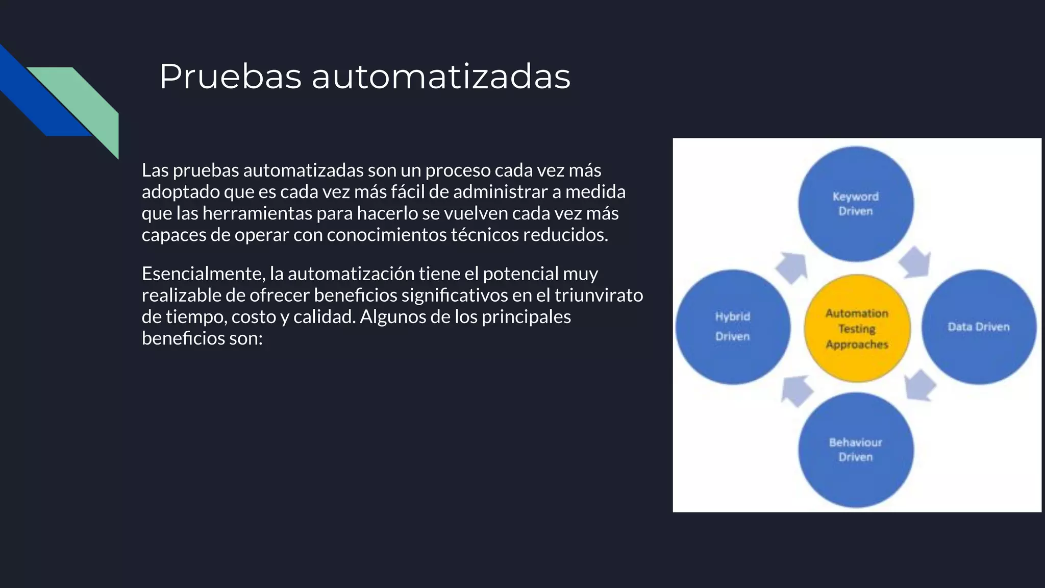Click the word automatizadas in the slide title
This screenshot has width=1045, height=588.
coord(441,77)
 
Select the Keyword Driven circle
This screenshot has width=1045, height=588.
coord(856,204)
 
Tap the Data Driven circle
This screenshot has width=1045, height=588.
coord(979,327)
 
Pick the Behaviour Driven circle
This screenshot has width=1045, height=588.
coord(856,450)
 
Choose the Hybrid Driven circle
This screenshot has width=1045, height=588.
coord(733,327)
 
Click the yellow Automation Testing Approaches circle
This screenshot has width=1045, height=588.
coord(857,328)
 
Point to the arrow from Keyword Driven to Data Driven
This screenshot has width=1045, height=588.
coord(915,262)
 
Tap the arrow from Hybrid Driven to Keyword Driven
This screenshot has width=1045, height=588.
coord(792,267)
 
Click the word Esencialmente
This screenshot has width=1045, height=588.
coord(203,274)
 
